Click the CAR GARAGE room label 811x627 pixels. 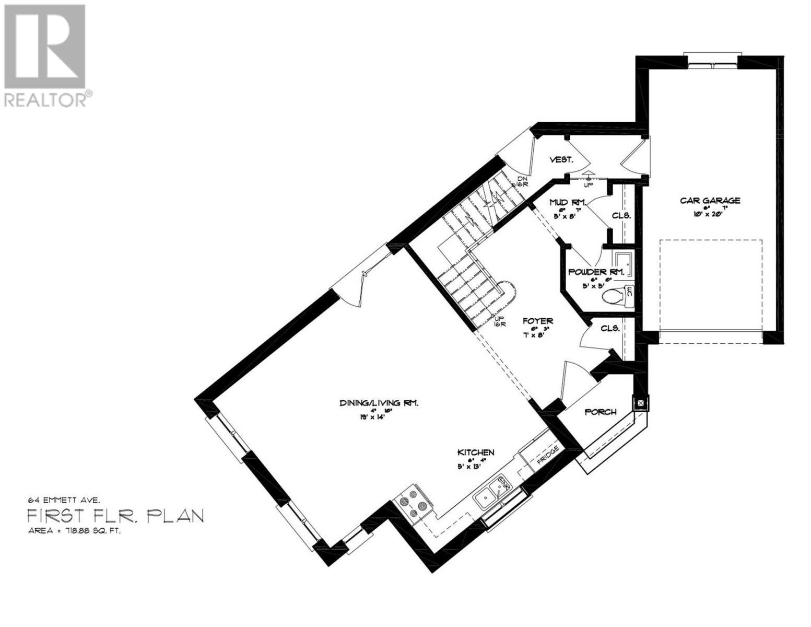(x=710, y=201)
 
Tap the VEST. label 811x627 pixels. (x=562, y=160)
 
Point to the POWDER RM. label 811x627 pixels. (x=596, y=272)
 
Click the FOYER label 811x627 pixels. (x=538, y=321)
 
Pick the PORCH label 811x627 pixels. (x=600, y=412)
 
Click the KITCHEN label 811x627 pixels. (x=476, y=452)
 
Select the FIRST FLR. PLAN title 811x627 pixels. (x=115, y=516)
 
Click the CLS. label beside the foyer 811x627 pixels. (x=610, y=329)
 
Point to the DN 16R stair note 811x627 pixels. (x=521, y=181)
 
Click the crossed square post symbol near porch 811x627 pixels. (x=640, y=403)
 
